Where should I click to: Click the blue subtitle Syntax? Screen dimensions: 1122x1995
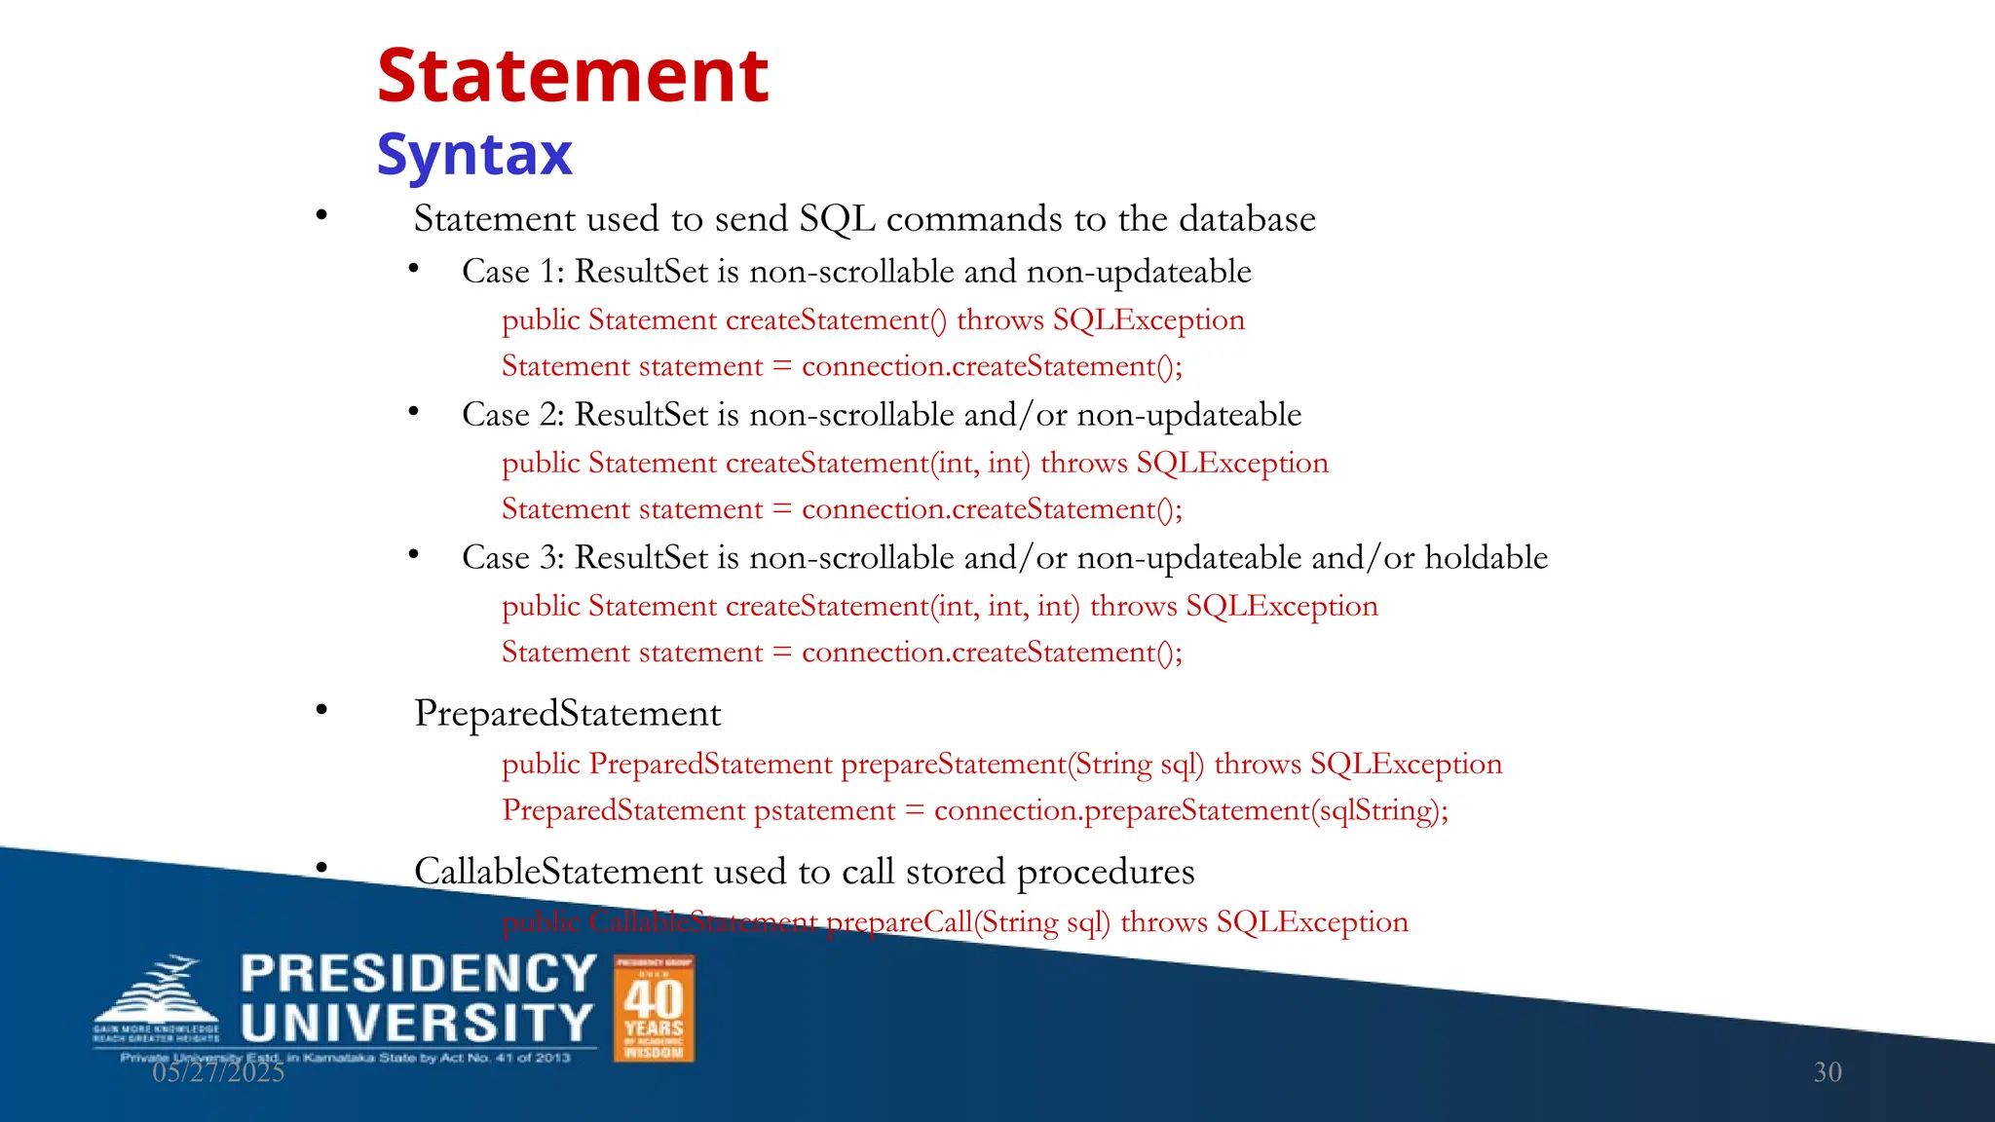474,154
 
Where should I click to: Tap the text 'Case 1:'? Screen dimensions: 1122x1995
512,272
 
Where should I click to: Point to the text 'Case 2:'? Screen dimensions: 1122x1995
512,415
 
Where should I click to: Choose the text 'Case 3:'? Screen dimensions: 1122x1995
512,558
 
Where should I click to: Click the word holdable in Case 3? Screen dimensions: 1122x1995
1486,558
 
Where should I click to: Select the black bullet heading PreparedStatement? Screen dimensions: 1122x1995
567,714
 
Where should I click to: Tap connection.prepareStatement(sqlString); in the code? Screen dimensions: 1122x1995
1190,810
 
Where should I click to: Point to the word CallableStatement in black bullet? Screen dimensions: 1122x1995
557,872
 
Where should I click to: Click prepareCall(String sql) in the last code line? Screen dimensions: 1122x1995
968,922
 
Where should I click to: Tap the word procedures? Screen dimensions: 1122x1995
1106,872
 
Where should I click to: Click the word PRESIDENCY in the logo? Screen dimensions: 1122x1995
418,974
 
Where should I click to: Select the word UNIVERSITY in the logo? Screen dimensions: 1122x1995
416,1024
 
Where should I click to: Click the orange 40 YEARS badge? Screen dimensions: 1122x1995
654,1008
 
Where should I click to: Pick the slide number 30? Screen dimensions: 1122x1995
1827,1072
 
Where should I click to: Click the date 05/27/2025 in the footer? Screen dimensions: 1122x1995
218,1072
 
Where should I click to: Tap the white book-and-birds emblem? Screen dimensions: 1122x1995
156,998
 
